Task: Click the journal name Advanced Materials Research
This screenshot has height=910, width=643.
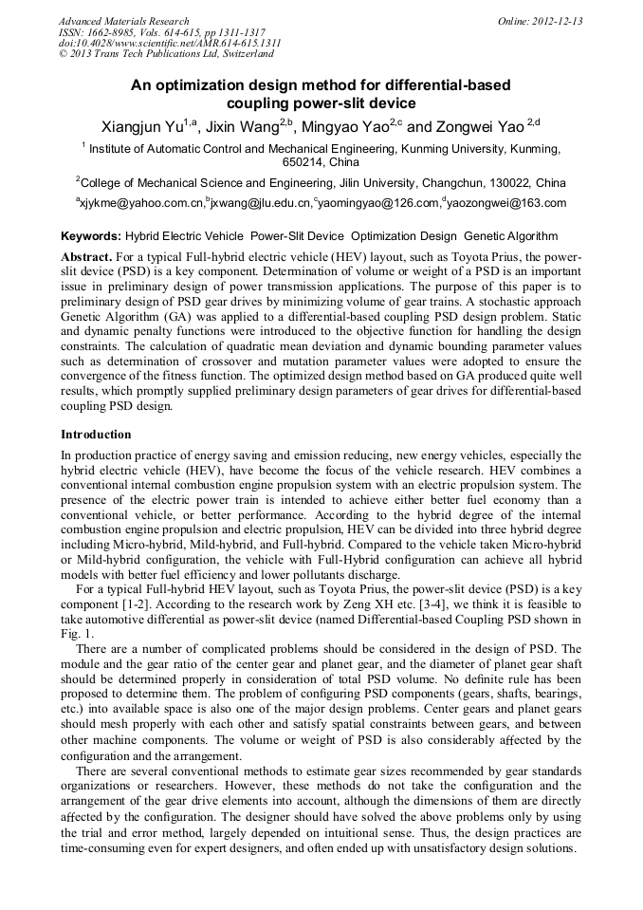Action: point(123,21)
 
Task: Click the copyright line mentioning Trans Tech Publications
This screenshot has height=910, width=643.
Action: point(166,54)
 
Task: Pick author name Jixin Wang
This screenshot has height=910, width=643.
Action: point(245,127)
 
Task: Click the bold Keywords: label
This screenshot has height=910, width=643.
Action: point(90,236)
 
